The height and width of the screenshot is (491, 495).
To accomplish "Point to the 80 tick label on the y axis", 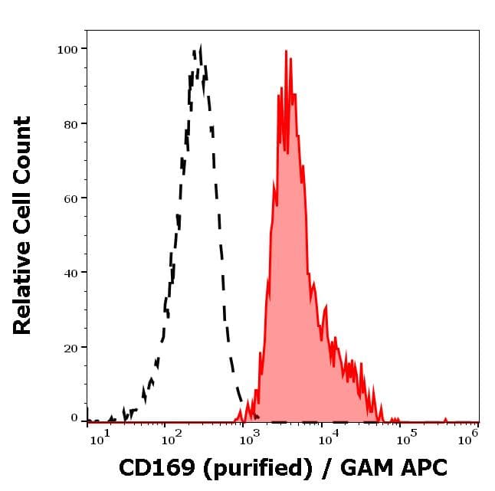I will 70,124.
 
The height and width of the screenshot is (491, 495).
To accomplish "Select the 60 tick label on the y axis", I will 70,198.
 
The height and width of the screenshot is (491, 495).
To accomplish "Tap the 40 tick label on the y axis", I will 70,273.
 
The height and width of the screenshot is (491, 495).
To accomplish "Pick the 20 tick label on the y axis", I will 70,348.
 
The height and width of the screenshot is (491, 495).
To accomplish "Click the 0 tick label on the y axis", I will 74,418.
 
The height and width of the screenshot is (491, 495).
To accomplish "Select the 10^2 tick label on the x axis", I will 171,439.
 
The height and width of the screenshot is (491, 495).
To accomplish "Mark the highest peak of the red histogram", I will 286,52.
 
